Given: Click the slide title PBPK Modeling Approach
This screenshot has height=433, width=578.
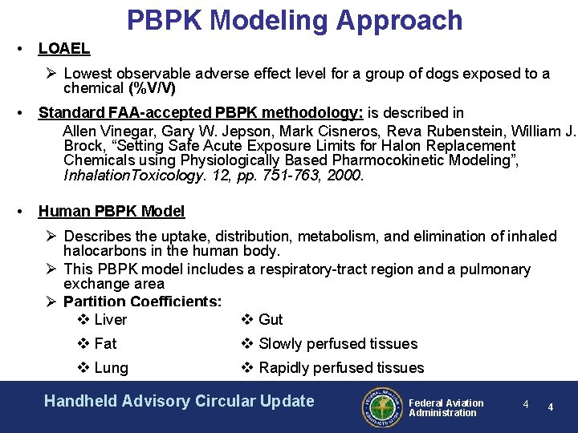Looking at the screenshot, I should tap(295, 20).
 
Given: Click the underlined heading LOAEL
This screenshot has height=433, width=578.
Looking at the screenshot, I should tap(64, 49).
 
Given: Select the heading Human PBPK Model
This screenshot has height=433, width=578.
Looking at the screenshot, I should tap(112, 212).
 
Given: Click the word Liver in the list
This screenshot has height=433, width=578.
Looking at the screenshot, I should tap(110, 320).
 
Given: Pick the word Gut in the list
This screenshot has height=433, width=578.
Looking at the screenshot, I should tap(271, 320).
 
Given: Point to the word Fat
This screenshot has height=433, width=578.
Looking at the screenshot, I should tap(105, 344).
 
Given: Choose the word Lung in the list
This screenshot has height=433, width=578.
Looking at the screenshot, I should tap(111, 368).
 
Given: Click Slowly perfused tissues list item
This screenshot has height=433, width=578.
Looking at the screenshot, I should tap(337, 344).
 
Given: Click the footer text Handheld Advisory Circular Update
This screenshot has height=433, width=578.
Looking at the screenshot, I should tap(179, 401).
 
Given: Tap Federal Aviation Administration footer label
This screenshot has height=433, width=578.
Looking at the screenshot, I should tap(446, 407).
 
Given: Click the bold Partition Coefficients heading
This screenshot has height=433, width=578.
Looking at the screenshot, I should tap(142, 301).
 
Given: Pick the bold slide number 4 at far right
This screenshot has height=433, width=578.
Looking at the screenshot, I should tap(551, 407).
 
